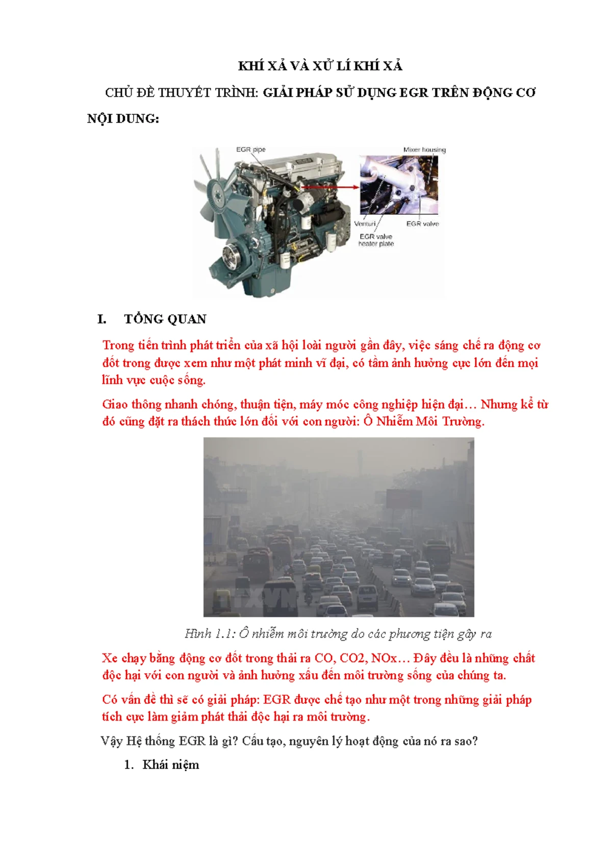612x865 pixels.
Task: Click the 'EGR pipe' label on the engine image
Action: tap(250, 149)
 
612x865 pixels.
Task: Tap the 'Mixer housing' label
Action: tap(424, 149)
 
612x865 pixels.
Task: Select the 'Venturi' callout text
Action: tap(365, 223)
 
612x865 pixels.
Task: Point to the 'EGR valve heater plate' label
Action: tap(376, 240)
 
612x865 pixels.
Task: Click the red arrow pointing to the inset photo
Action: tap(330, 187)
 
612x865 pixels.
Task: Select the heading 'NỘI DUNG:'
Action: tap(123, 118)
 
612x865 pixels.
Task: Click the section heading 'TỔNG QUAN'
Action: tap(165, 319)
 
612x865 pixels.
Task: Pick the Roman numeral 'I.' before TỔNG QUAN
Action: tap(102, 319)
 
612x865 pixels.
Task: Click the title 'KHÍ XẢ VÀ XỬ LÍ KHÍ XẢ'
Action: tap(320, 66)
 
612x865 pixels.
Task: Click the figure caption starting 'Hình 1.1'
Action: tap(338, 633)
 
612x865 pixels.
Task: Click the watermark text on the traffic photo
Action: tap(257, 598)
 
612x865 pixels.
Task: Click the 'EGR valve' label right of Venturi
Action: tap(422, 223)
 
